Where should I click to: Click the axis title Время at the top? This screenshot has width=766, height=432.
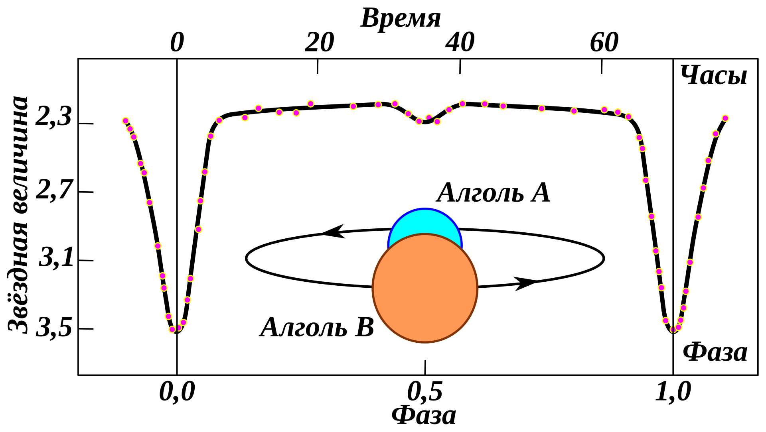click(401, 18)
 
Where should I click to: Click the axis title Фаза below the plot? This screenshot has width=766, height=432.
click(424, 415)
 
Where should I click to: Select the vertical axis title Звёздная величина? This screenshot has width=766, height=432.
click(18, 214)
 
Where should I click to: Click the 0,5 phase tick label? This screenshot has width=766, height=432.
click(424, 392)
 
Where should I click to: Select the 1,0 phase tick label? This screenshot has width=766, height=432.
click(673, 392)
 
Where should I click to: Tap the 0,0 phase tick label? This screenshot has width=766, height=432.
click(177, 392)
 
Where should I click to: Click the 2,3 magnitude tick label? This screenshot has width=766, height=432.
click(53, 118)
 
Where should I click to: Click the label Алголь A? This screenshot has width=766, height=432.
click(493, 193)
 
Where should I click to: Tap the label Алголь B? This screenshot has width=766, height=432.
click(317, 328)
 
